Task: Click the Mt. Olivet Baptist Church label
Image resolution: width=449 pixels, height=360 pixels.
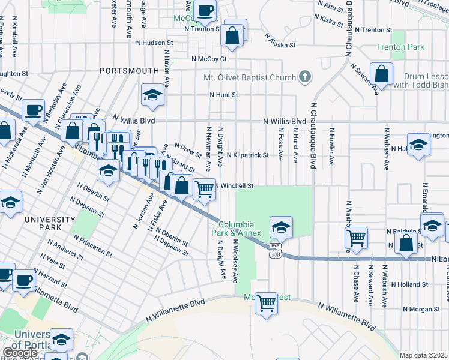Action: (x=250, y=77)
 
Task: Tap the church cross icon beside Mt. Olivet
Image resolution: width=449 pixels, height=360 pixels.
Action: (x=306, y=77)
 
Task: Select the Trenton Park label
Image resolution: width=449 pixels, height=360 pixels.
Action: (x=400, y=47)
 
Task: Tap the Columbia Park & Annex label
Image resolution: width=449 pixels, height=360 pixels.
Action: (x=235, y=227)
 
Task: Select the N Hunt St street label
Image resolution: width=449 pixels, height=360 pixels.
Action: (x=224, y=95)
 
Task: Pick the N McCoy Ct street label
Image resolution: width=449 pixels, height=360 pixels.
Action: (x=209, y=59)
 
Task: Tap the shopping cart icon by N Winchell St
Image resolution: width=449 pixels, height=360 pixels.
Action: (x=205, y=189)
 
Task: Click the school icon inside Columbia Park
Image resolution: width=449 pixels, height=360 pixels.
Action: (x=281, y=227)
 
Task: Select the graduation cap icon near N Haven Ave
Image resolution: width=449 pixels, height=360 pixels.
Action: (x=152, y=95)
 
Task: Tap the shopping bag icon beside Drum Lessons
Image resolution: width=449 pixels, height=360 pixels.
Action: (x=381, y=74)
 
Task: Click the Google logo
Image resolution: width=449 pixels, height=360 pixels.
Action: (x=20, y=353)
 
